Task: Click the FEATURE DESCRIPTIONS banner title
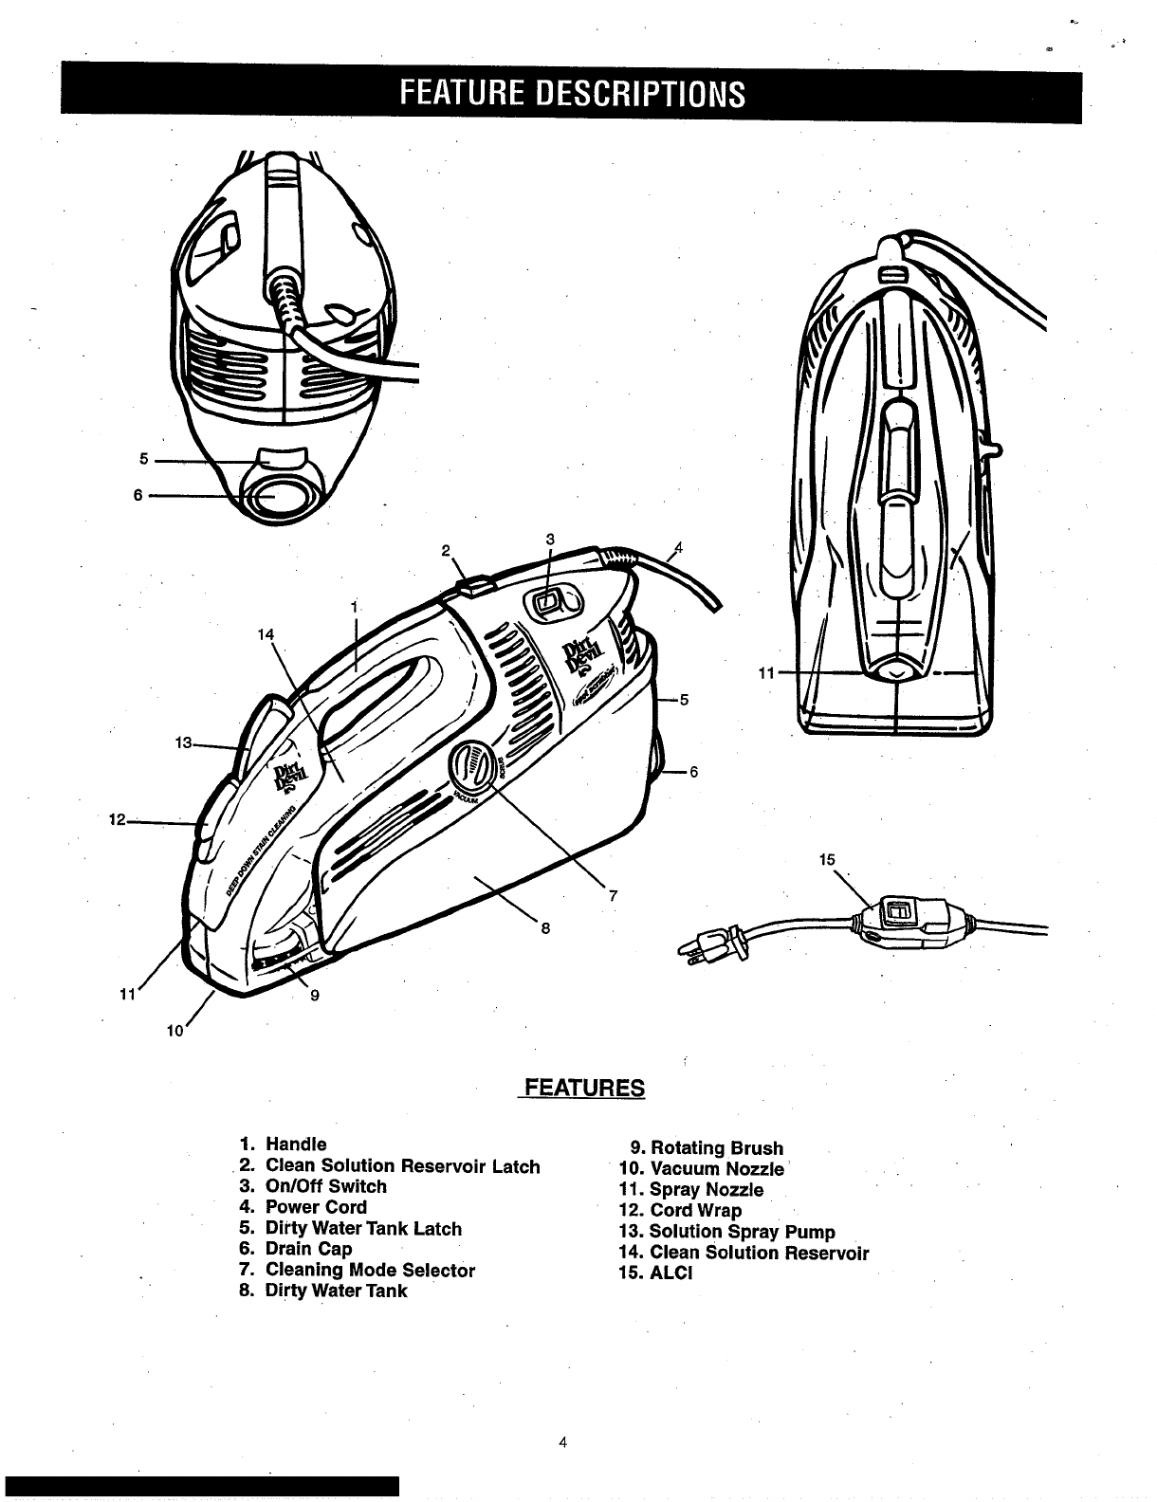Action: point(572,94)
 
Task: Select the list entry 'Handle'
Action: point(295,1145)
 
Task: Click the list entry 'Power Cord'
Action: point(315,1207)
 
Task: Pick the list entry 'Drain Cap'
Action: point(307,1249)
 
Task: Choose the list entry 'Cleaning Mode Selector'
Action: point(369,1270)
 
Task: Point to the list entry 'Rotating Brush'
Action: point(716,1148)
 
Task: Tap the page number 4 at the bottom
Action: point(562,1443)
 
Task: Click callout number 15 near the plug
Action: point(827,859)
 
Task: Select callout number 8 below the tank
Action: point(545,928)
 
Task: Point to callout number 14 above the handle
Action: point(265,634)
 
